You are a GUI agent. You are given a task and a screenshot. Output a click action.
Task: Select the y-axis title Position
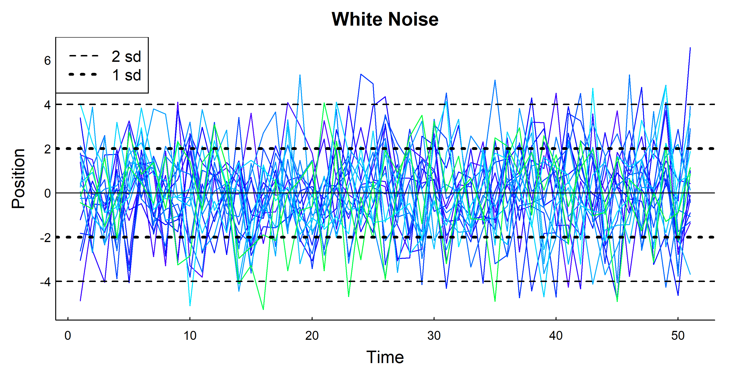point(18,178)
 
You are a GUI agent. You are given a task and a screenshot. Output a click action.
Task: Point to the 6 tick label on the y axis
point(47,61)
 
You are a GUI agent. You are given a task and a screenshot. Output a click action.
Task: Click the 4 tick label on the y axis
point(47,105)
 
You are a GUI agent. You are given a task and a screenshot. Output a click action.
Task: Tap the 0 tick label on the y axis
point(47,193)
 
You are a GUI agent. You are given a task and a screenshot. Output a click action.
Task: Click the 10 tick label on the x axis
point(190,336)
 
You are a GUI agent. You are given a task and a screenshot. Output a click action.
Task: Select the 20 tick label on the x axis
point(312,336)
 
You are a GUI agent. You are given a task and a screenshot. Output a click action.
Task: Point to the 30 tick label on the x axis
point(434,336)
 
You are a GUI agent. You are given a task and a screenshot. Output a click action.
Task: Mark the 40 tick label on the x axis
point(556,336)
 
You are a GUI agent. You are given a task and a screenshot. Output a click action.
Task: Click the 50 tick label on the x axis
point(678,336)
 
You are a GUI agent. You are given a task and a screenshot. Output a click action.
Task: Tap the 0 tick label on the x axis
point(68,336)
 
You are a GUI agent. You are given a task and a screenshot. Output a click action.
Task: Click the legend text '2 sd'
point(126,56)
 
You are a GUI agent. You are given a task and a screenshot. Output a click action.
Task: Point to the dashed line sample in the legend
point(84,56)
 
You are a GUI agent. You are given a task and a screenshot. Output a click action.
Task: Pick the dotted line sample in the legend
point(83,74)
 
